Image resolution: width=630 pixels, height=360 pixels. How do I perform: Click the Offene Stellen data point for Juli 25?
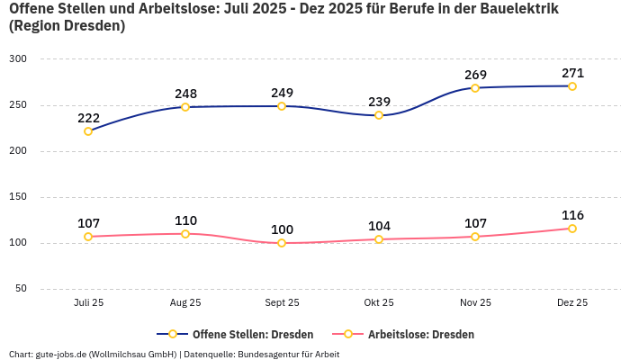88,131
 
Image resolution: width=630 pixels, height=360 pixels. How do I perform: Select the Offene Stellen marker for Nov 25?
475,88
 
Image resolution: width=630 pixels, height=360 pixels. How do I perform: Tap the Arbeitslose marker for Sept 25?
282,243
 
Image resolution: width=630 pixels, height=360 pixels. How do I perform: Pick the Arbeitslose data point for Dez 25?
572,229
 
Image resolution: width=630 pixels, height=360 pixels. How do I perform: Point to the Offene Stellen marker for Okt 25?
379,115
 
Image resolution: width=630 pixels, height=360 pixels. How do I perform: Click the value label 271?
572,73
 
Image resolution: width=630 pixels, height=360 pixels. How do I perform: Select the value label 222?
88,118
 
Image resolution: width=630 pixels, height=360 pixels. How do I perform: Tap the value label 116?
572,215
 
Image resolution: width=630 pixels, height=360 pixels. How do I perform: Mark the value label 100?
282,229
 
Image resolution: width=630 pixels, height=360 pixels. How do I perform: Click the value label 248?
185,94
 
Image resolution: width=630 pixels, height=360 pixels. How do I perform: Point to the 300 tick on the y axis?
18,59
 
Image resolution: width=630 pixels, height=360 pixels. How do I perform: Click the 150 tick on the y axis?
18,197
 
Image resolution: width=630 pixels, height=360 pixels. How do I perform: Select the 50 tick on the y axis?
21,289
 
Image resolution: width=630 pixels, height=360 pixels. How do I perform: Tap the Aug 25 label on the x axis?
185,303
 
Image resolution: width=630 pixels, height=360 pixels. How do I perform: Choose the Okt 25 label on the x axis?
379,303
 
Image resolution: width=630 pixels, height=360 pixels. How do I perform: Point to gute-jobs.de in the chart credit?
61,354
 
